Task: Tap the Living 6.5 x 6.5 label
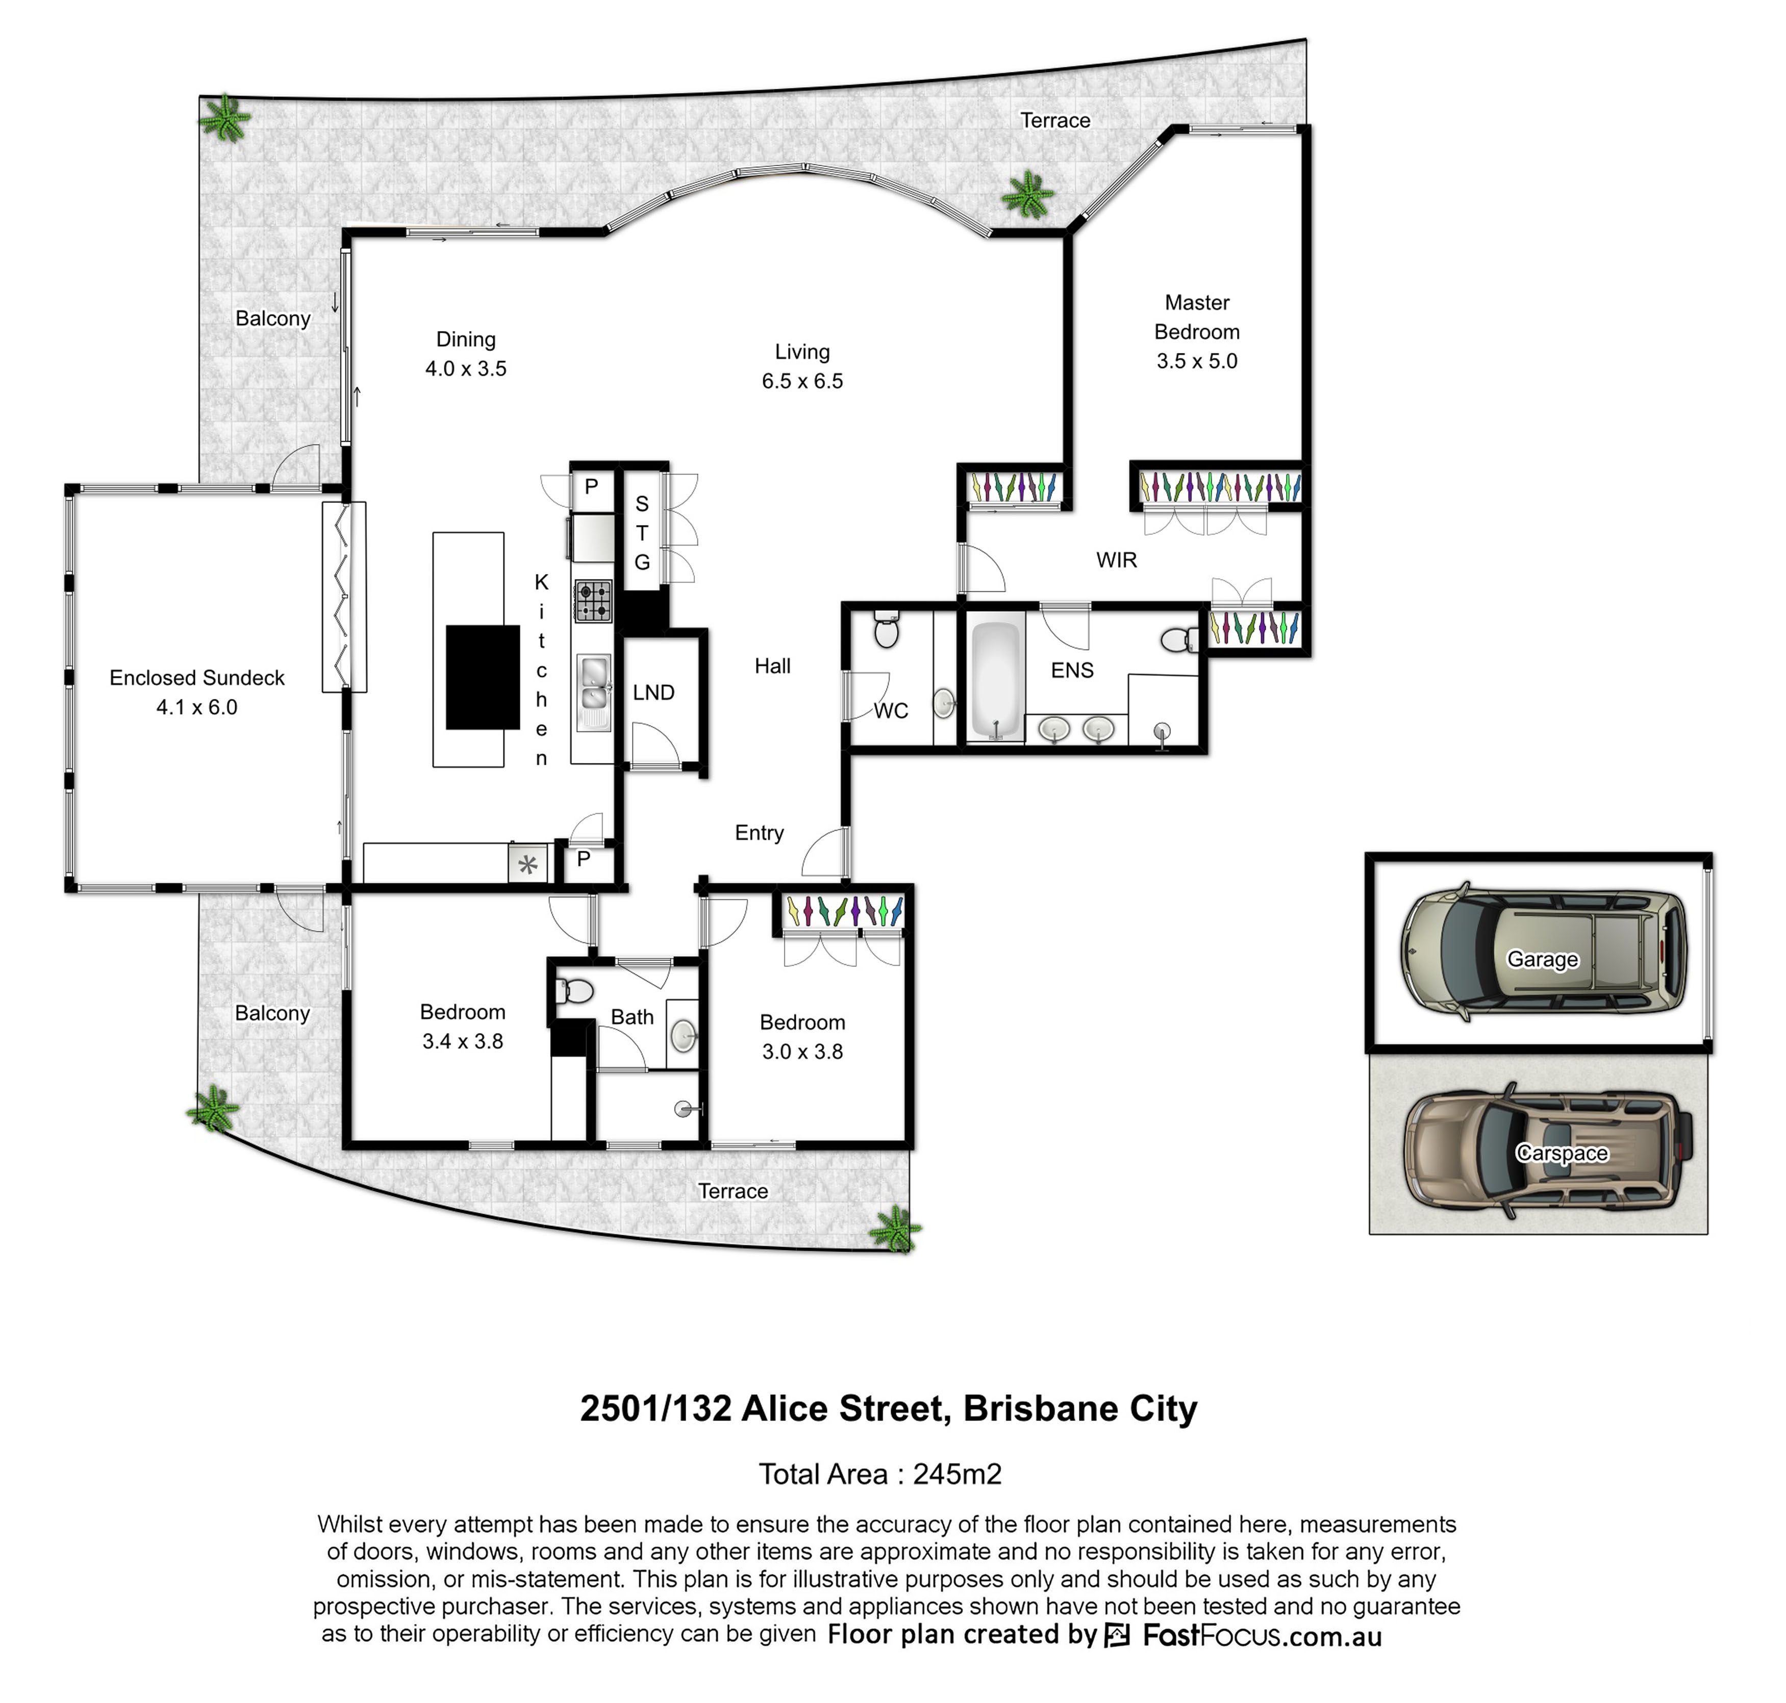click(x=802, y=366)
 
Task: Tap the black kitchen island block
click(x=483, y=677)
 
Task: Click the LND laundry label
click(x=653, y=693)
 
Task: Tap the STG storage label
click(x=642, y=533)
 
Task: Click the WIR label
click(x=1116, y=560)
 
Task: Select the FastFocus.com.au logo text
click(x=1262, y=1635)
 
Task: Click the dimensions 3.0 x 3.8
click(x=802, y=1051)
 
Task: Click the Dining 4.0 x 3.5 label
click(x=466, y=354)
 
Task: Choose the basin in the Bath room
click(x=684, y=1034)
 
